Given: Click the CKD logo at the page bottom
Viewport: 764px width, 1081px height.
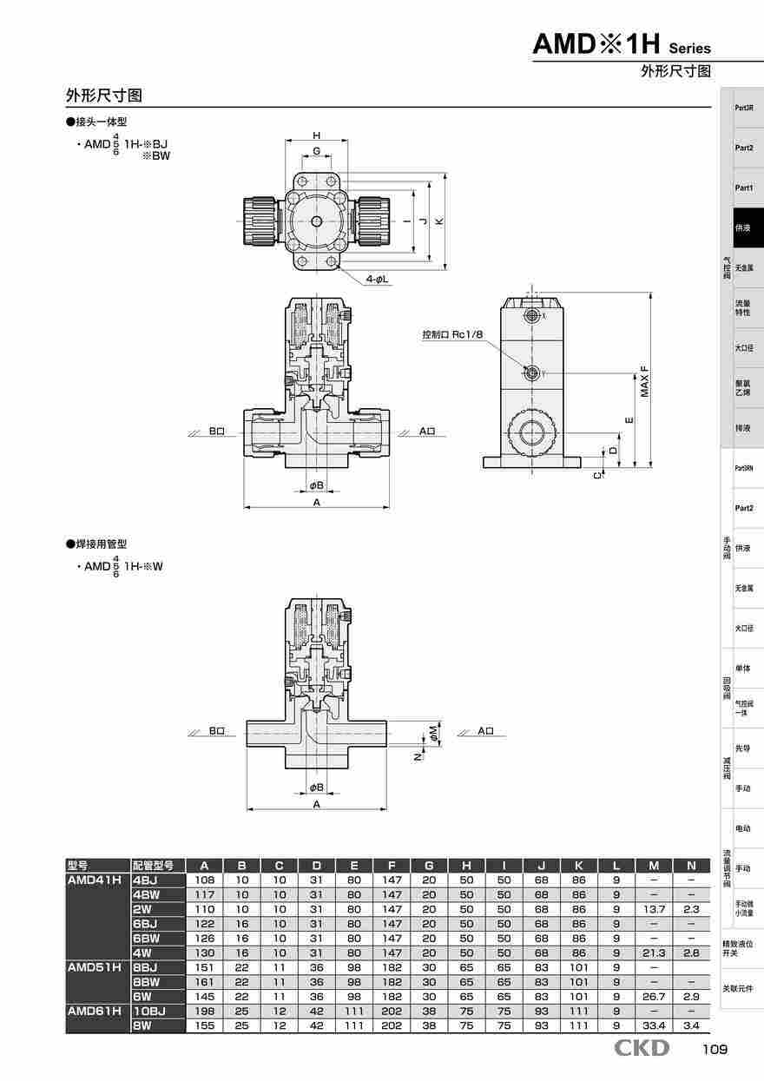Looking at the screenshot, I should pos(642,1048).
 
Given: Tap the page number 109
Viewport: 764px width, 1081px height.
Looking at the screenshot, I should pos(715,1049).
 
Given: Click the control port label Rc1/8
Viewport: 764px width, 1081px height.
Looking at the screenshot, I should pos(452,334).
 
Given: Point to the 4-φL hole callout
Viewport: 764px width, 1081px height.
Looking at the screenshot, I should pos(376,279).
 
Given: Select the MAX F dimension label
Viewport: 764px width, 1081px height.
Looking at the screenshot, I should pos(644,381).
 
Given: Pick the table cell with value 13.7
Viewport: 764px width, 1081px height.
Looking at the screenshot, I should pos(654,908).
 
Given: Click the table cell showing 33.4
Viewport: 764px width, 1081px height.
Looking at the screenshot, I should pos(654,1025).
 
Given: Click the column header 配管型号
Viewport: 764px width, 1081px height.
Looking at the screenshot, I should pos(153,865).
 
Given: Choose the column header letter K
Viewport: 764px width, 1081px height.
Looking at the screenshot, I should pos(578,865).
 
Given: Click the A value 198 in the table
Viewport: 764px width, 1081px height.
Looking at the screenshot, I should pos(204,1011).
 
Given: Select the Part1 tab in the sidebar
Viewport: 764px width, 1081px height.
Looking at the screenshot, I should pos(744,188).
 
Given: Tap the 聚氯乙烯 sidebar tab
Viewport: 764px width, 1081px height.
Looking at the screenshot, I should pos(744,387).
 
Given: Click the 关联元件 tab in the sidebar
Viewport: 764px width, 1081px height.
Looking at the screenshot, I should pos(738,988).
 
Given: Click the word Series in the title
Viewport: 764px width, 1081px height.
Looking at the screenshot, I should pos(690,49).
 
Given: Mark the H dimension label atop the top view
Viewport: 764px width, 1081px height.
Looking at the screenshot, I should pos(317,135).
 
